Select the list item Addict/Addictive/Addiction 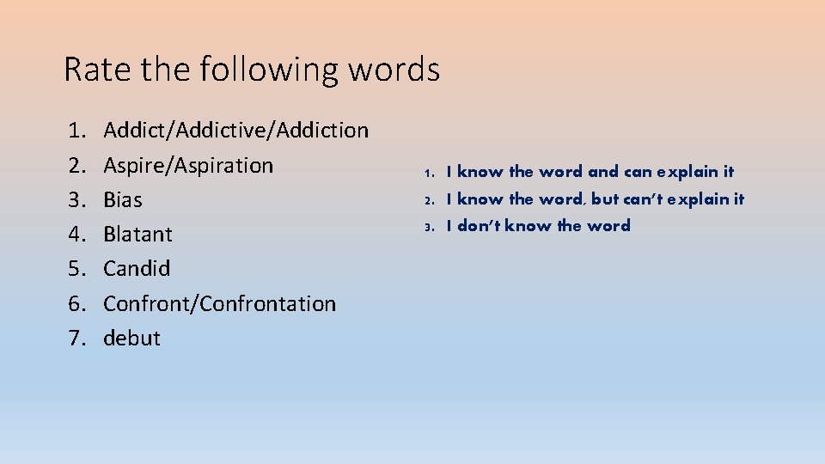click(x=235, y=131)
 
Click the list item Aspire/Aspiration click(x=188, y=165)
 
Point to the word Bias click(x=123, y=200)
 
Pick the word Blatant click(x=137, y=234)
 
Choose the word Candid click(x=137, y=268)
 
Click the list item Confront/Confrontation click(x=219, y=303)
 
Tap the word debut click(x=131, y=338)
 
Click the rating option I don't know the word click(x=538, y=226)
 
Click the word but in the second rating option click(x=604, y=199)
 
